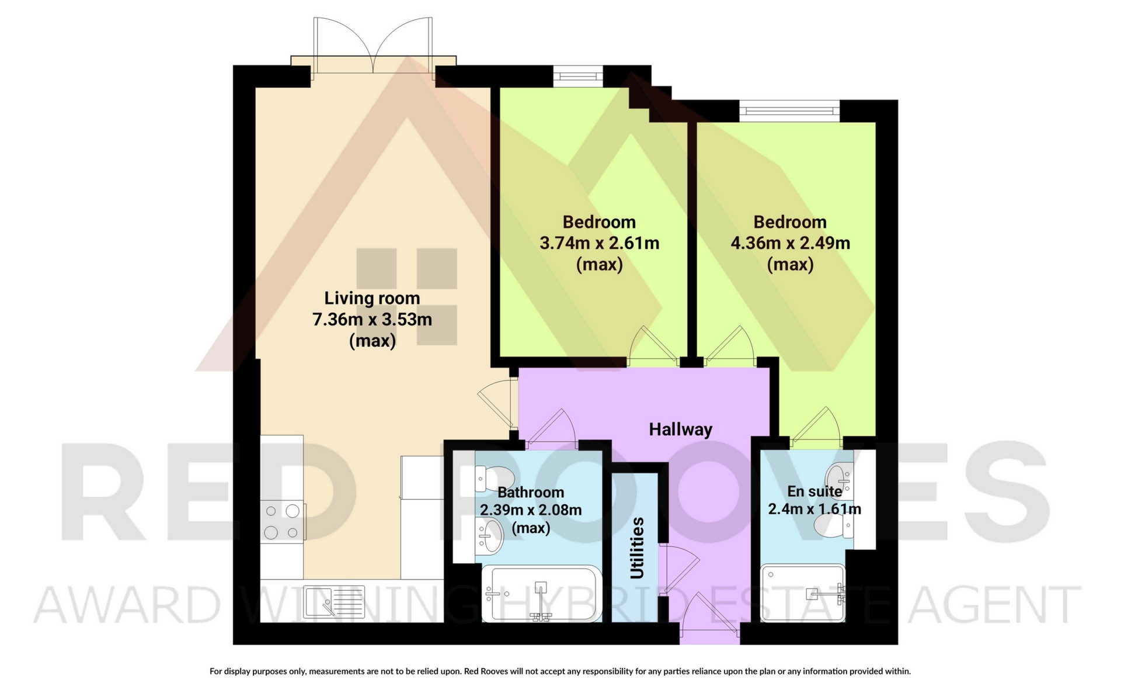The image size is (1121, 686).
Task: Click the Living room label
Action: tap(372, 298)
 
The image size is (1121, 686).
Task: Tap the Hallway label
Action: tap(681, 429)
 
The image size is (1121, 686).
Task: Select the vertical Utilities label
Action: tap(638, 548)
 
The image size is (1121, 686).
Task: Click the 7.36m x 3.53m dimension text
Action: tap(372, 320)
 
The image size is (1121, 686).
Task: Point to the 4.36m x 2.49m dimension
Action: tap(791, 243)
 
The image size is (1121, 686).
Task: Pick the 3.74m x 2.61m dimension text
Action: tap(599, 243)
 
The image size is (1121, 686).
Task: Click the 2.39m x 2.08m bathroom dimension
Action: tap(531, 510)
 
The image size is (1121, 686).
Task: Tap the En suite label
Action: tap(814, 491)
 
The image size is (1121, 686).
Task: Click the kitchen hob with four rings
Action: tap(282, 521)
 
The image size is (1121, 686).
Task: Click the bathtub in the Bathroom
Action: tap(540, 594)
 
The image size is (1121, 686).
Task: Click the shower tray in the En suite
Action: tap(803, 593)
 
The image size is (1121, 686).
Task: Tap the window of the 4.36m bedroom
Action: tap(790, 111)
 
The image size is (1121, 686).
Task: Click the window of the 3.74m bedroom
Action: tap(578, 75)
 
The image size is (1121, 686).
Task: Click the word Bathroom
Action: tap(531, 493)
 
